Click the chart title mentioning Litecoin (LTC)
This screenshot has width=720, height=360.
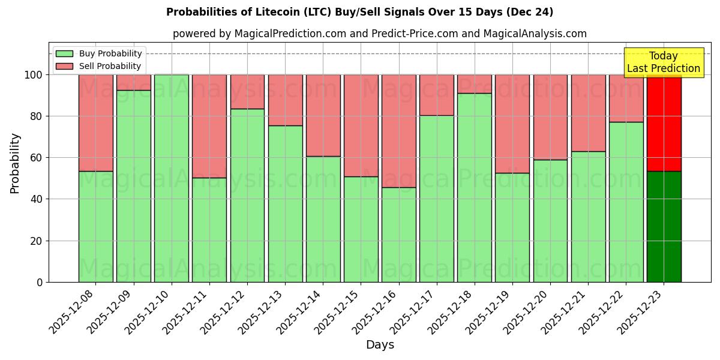[359, 12]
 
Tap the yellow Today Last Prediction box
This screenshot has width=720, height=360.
[664, 62]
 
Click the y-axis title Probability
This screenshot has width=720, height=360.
[15, 163]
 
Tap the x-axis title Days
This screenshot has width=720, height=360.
[380, 345]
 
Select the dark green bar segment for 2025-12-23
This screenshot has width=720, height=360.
[664, 227]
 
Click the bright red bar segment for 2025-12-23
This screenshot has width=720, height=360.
[664, 123]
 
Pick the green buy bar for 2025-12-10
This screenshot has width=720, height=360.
[172, 178]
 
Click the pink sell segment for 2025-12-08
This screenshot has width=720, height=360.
[95, 123]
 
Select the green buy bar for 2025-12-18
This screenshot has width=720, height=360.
[475, 187]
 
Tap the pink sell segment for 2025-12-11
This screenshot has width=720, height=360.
[209, 126]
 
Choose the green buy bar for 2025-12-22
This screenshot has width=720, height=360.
[626, 202]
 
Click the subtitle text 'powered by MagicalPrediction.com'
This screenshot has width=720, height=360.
[259, 34]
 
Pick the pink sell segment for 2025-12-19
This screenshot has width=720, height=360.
[512, 124]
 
